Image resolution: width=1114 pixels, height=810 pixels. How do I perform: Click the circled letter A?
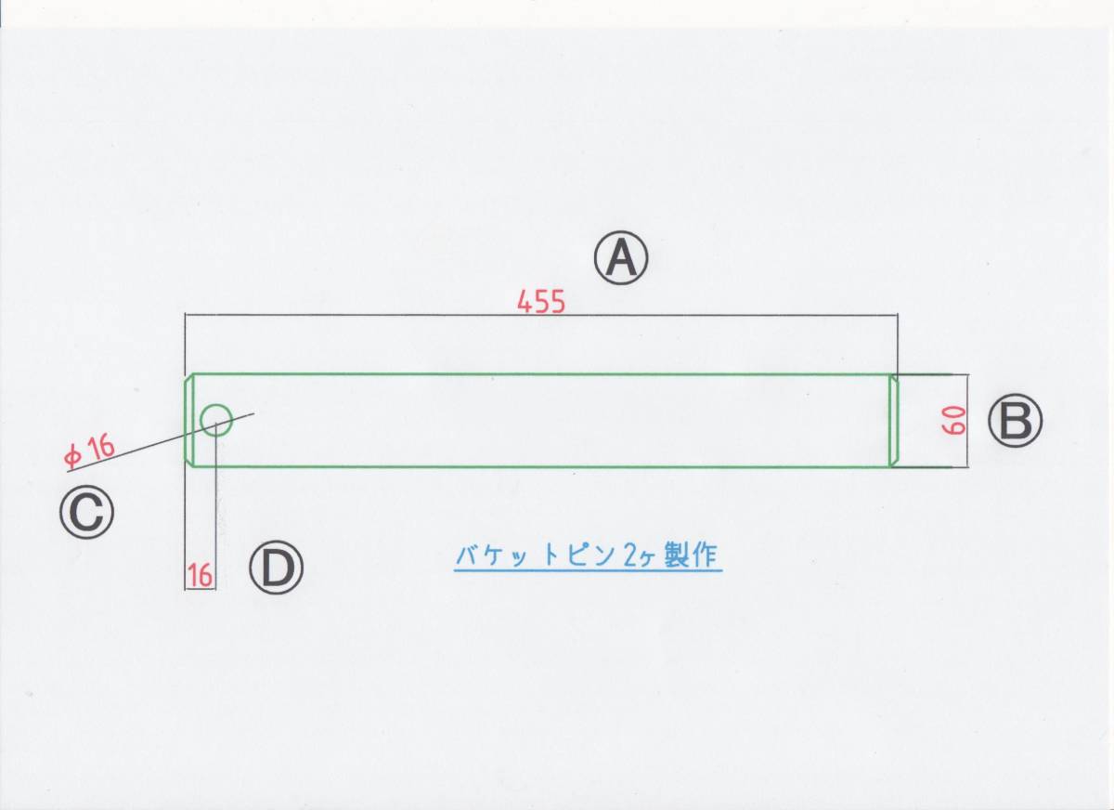click(x=621, y=258)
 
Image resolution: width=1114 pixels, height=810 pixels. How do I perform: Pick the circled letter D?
click(x=275, y=568)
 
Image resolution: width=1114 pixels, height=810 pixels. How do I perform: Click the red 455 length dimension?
click(x=541, y=304)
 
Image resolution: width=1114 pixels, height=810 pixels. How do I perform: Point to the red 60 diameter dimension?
click(x=956, y=421)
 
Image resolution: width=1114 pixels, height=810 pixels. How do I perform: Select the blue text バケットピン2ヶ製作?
click(x=587, y=556)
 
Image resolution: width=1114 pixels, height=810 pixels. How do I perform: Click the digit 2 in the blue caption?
click(x=631, y=556)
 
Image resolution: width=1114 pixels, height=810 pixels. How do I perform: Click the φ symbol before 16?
click(x=71, y=456)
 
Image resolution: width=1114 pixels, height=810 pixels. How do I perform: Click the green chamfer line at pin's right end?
click(x=893, y=421)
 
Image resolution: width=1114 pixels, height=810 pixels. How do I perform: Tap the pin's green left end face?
click(x=187, y=421)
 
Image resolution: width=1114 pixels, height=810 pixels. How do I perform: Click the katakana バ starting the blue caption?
click(x=467, y=556)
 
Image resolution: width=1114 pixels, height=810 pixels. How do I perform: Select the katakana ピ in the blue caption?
click(x=574, y=556)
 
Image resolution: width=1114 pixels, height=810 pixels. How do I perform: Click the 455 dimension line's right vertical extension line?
click(x=898, y=344)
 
